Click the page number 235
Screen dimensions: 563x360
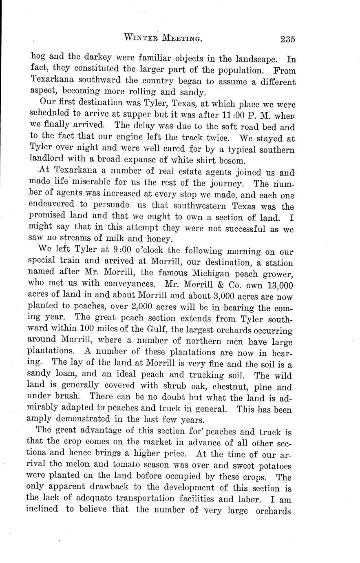coord(287,39)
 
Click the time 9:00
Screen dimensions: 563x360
coord(120,250)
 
